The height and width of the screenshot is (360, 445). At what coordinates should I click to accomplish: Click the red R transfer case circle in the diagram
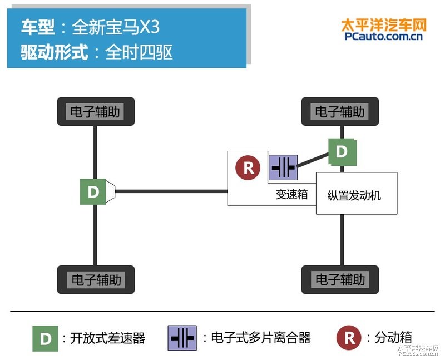pyautogui.click(x=248, y=167)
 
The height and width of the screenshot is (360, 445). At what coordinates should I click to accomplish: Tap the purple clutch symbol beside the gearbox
pyautogui.click(x=283, y=167)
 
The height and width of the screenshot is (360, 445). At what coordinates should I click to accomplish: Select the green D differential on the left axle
pyautogui.click(x=93, y=191)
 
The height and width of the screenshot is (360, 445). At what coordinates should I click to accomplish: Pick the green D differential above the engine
pyautogui.click(x=342, y=152)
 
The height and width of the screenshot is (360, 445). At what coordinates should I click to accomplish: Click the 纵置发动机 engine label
pyautogui.click(x=354, y=196)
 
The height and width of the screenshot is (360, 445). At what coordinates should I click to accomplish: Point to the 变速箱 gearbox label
pyautogui.click(x=291, y=195)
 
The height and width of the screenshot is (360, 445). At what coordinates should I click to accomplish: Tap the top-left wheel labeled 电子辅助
pyautogui.click(x=96, y=111)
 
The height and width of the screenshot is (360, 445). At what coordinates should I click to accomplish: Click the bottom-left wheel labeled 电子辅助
pyautogui.click(x=96, y=280)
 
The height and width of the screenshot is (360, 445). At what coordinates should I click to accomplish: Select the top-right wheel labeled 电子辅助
pyautogui.click(x=340, y=111)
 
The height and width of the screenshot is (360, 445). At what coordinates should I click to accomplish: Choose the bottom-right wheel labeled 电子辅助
pyautogui.click(x=340, y=280)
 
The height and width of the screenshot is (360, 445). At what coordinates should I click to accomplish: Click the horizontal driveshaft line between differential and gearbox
pyautogui.click(x=171, y=191)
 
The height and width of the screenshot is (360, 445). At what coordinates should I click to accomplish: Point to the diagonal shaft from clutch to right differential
pyautogui.click(x=313, y=160)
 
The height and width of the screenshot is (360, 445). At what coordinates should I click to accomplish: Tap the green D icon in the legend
pyautogui.click(x=46, y=338)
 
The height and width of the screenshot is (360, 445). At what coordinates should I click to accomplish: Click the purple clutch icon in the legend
pyautogui.click(x=182, y=338)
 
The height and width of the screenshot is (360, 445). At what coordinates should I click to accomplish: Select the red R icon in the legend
pyautogui.click(x=349, y=338)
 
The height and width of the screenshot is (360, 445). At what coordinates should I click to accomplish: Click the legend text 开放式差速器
pyautogui.click(x=107, y=338)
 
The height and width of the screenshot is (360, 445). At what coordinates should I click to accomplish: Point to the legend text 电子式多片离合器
pyautogui.click(x=261, y=338)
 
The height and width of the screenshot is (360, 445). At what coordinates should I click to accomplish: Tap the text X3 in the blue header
pyautogui.click(x=149, y=27)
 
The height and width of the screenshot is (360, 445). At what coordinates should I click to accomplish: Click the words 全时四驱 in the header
pyautogui.click(x=139, y=52)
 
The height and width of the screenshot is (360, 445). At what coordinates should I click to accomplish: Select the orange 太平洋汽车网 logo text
pyautogui.click(x=384, y=25)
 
